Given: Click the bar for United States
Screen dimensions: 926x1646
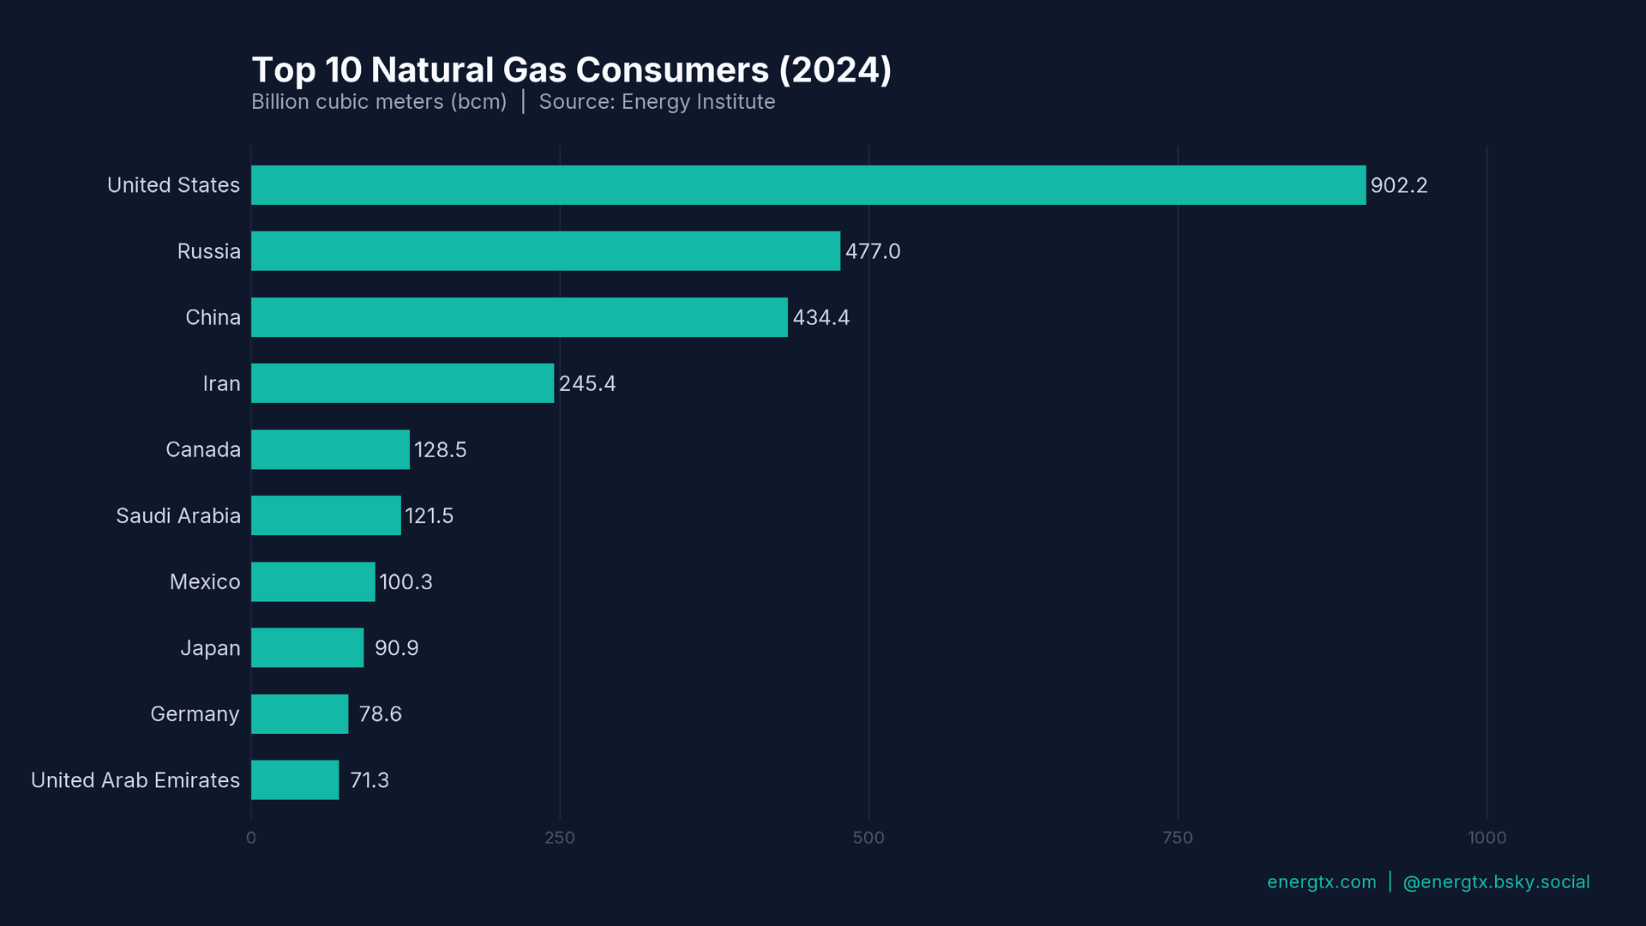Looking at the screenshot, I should pyautogui.click(x=808, y=185).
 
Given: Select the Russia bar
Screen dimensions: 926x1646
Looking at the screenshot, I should pyautogui.click(x=545, y=251).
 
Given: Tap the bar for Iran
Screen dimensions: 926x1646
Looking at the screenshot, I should pyautogui.click(x=402, y=383).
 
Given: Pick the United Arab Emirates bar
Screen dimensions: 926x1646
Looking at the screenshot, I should pyautogui.click(x=295, y=780).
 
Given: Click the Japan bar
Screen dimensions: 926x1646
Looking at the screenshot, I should pyautogui.click(x=307, y=648).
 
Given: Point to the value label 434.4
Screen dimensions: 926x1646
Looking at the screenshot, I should pyautogui.click(x=820, y=318).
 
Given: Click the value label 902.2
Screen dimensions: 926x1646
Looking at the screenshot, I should pyautogui.click(x=1398, y=186).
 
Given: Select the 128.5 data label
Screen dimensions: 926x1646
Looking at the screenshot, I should pyautogui.click(x=440, y=450).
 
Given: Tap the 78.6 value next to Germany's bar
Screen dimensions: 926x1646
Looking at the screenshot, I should pyautogui.click(x=380, y=714).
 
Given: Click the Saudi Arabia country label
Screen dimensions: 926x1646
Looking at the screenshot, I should pyautogui.click(x=178, y=516).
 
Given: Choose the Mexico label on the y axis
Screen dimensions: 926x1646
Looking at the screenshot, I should pyautogui.click(x=205, y=582).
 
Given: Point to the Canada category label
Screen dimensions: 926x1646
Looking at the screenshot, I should pyautogui.click(x=203, y=450).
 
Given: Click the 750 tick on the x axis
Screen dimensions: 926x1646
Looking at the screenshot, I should pyautogui.click(x=1177, y=838).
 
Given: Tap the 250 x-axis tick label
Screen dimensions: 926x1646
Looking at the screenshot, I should pyautogui.click(x=560, y=838).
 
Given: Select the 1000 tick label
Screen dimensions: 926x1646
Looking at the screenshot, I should pyautogui.click(x=1487, y=838).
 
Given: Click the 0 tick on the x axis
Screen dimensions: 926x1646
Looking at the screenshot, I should pyautogui.click(x=251, y=838).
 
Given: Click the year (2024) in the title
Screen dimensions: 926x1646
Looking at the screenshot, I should pyautogui.click(x=835, y=70).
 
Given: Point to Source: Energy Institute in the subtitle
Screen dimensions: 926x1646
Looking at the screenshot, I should pyautogui.click(x=657, y=102).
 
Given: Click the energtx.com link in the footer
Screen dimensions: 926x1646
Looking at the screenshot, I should pyautogui.click(x=1321, y=882).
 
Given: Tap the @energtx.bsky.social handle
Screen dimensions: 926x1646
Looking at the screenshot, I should pyautogui.click(x=1496, y=882).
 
